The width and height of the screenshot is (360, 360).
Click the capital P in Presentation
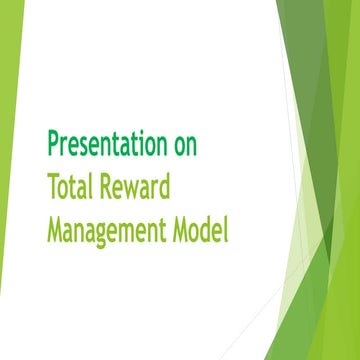pos(53,144)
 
